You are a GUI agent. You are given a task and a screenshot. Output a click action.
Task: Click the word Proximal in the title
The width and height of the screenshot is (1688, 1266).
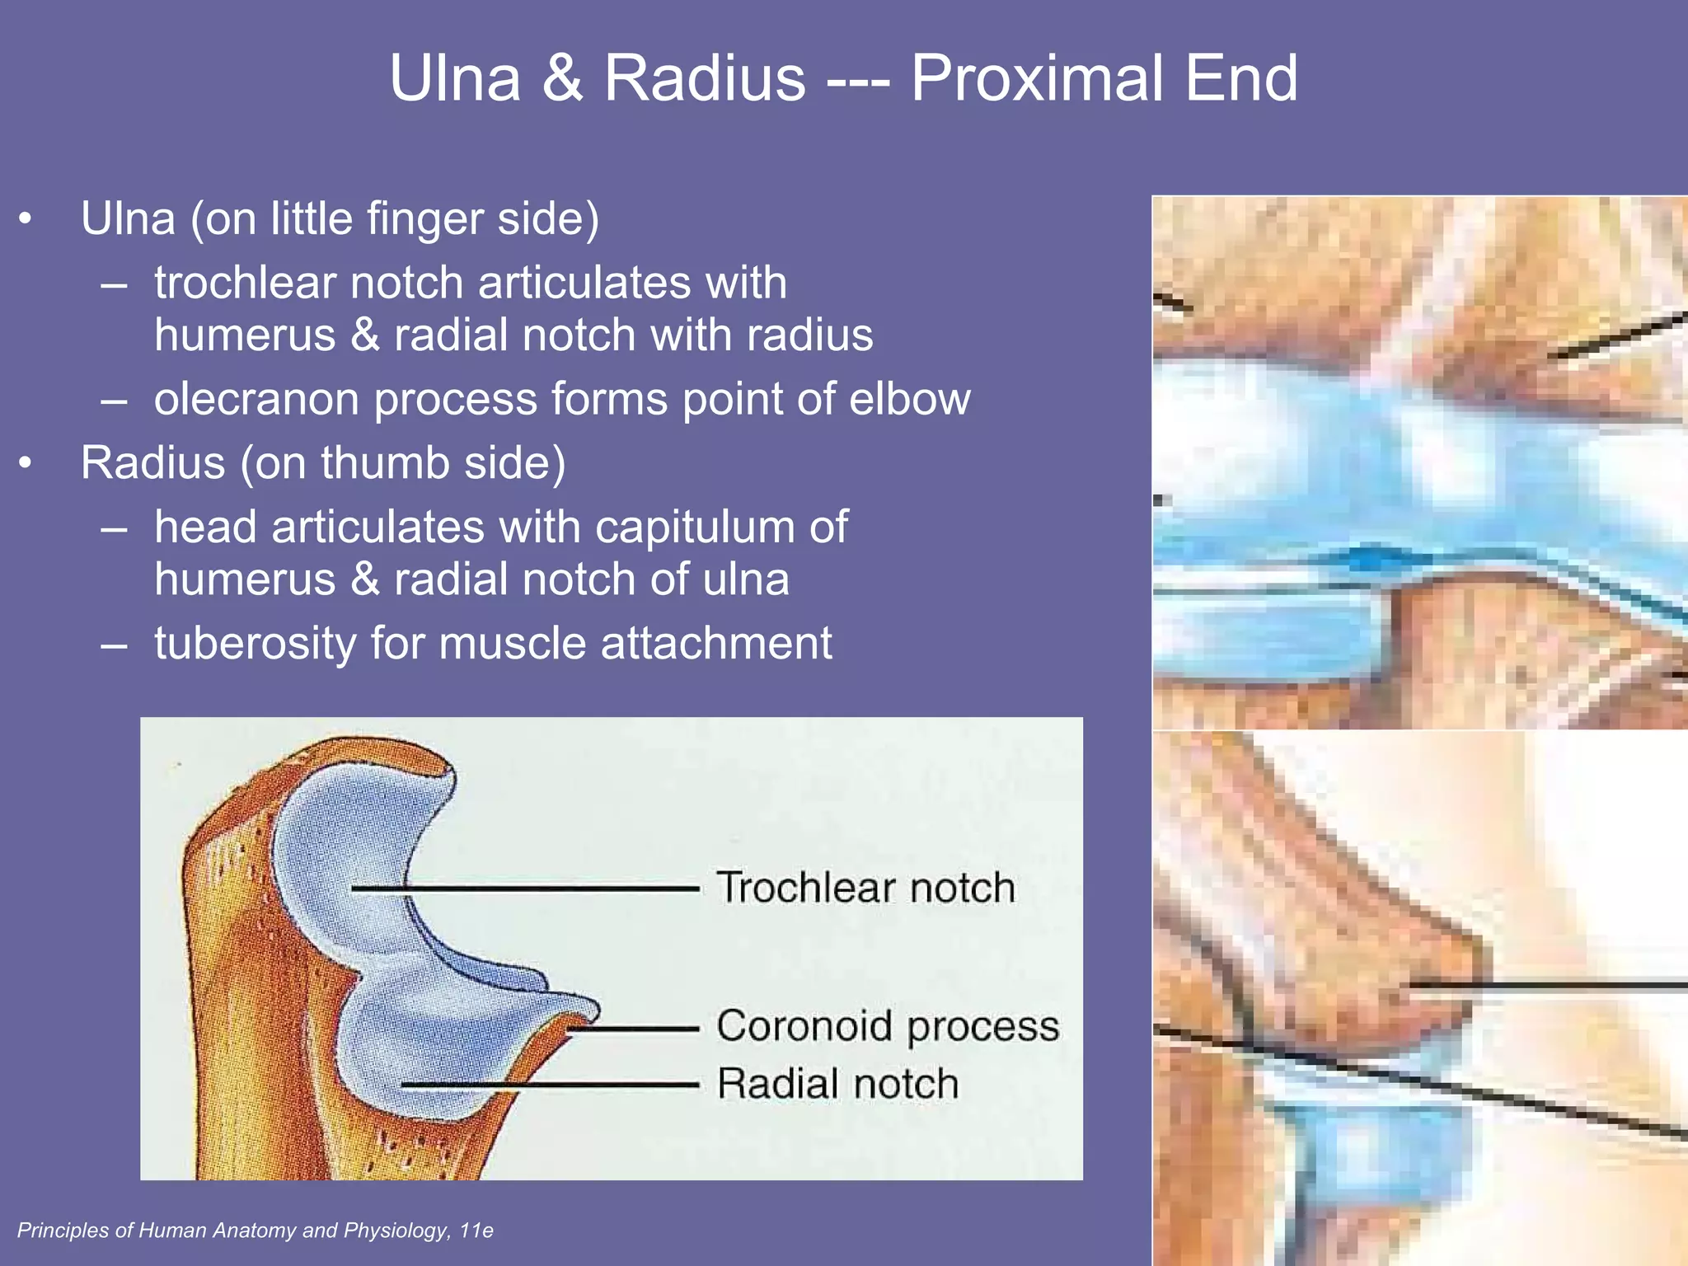click(x=1037, y=78)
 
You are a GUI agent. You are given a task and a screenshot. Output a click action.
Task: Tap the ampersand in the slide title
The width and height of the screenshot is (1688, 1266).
click(x=562, y=78)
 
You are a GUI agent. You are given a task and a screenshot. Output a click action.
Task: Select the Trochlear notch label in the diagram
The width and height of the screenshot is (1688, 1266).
click(x=865, y=888)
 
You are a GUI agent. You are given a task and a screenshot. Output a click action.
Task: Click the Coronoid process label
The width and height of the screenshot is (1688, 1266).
click(x=888, y=1026)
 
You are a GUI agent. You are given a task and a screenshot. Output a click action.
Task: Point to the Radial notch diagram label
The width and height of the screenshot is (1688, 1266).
click(x=837, y=1083)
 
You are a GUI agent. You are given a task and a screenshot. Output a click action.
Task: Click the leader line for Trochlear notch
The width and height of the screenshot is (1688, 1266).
click(x=527, y=889)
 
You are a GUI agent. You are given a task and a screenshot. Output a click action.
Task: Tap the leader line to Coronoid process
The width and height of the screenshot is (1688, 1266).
click(x=635, y=1029)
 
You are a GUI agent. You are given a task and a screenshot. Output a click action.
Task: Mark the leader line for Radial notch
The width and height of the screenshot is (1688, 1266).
click(x=552, y=1085)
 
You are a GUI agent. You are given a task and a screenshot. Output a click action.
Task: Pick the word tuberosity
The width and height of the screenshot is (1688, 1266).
click(x=255, y=643)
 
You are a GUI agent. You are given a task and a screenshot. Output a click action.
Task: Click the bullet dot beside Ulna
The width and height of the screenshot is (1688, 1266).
click(x=26, y=219)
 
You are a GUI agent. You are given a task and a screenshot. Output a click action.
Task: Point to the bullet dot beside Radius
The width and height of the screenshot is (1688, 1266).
click(x=26, y=463)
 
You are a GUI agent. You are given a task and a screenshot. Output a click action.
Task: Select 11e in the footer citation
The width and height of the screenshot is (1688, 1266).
click(x=476, y=1231)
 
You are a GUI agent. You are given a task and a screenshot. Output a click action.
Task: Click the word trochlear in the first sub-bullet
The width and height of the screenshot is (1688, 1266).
click(x=245, y=283)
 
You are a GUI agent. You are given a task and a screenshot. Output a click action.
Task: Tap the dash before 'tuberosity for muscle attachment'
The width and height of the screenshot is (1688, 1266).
click(x=114, y=645)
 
